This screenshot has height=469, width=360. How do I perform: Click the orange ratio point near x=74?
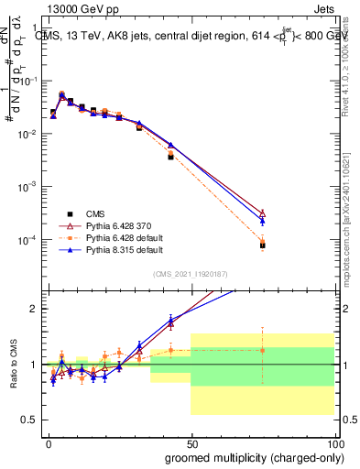[262, 350]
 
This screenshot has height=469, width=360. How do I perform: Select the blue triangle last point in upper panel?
[262, 221]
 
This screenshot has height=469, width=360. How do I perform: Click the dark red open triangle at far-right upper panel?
[262, 213]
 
